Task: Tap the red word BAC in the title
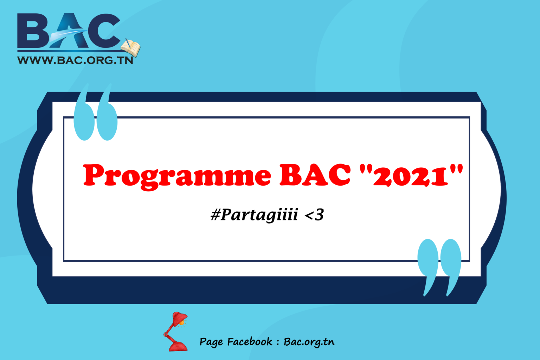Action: pos(315,175)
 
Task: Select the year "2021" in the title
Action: pos(411,175)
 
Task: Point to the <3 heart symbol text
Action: pos(314,215)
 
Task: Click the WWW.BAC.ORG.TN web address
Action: pos(75,60)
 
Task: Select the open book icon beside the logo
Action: pos(130,47)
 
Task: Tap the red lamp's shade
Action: pos(179,318)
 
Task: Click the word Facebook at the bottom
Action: pos(250,342)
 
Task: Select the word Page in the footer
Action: pos(211,342)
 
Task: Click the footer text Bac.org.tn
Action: pos(309,342)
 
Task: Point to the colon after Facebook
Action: pos(278,342)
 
